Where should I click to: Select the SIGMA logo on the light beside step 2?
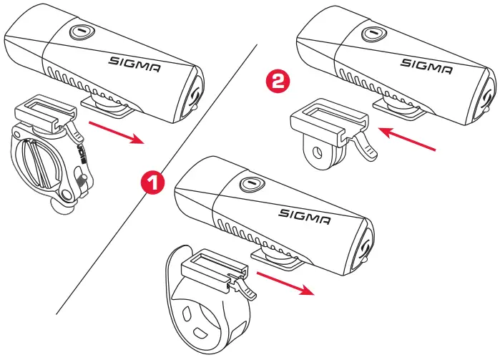pos(426,65)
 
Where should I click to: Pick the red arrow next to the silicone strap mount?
pos(285,282)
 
